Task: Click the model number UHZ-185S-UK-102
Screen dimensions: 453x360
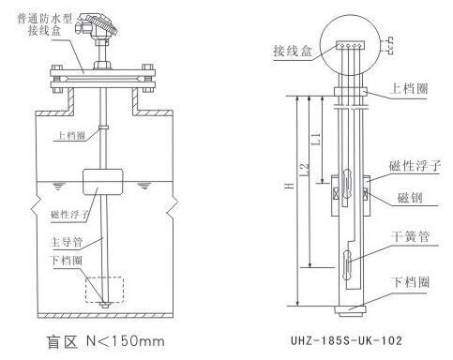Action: pos(346,340)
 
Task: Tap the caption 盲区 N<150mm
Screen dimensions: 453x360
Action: pos(105,341)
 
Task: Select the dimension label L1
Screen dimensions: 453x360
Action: pos(316,139)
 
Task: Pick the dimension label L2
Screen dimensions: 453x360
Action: pos(305,171)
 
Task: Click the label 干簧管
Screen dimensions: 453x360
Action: pos(410,236)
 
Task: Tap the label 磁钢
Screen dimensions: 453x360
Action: pos(410,198)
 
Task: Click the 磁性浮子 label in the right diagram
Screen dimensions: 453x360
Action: pos(415,166)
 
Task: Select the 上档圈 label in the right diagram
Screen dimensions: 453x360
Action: pos(409,88)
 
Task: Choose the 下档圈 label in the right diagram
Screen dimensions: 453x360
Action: pos(410,282)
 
